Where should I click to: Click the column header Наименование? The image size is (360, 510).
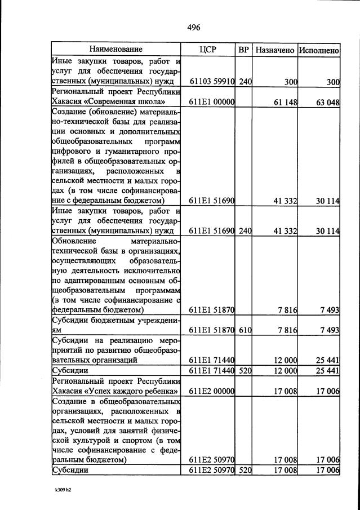[115, 50]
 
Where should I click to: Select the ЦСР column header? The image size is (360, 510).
[208, 50]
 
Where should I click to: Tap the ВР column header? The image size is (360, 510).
[243, 50]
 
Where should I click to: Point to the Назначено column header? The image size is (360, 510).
[274, 50]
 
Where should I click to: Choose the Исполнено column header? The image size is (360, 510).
[319, 50]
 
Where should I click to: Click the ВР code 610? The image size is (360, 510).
[245, 330]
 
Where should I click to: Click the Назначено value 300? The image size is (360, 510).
[290, 82]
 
